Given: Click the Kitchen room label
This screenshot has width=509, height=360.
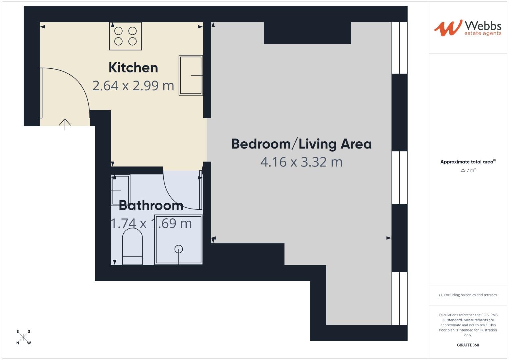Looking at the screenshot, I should click(133, 68).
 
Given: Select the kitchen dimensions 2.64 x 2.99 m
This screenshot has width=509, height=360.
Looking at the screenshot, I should click(133, 86).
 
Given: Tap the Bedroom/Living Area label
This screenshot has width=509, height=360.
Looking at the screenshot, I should click(301, 144).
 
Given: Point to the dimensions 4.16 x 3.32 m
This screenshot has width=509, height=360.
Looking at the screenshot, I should click(301, 162).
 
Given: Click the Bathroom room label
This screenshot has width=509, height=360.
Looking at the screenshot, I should click(151, 205).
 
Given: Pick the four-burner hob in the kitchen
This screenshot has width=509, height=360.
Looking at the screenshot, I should click(125, 36).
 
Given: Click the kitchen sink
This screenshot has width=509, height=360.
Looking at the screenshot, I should click(191, 75).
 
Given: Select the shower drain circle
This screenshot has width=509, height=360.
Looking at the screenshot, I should click(179, 249).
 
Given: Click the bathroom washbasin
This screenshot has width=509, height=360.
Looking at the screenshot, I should click(120, 190).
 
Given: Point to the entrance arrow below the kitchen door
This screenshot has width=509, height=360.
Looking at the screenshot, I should click(65, 124).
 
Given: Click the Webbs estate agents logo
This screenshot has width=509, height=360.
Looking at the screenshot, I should click(468, 28).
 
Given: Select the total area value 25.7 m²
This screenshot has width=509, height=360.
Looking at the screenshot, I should click(468, 170).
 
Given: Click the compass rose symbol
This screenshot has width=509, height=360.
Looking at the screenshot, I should click(23, 337).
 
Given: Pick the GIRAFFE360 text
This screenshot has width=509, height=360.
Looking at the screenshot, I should click(468, 345).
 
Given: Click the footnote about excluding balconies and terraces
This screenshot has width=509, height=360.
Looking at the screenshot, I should click(468, 295).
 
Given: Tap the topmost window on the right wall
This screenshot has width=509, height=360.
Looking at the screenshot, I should click(399, 48).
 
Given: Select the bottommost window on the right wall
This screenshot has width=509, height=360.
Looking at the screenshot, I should click(399, 298).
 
